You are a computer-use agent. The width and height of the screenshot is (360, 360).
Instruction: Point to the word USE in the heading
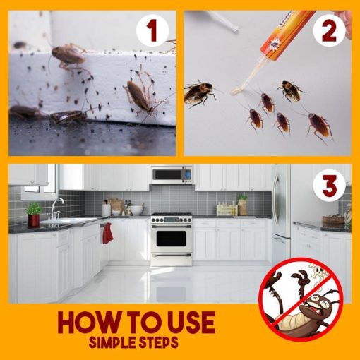[x=188, y=323]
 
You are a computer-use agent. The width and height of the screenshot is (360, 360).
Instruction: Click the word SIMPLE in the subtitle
[x=114, y=342]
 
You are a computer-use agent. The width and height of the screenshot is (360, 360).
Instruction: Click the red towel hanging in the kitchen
[x=107, y=233]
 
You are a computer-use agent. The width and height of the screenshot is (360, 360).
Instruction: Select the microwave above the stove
[x=172, y=174]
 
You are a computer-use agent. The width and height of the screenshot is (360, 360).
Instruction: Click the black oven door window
[x=171, y=239]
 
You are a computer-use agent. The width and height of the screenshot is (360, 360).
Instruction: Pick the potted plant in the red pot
[x=34, y=215]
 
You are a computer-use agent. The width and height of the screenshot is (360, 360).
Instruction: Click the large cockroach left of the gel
[x=200, y=93]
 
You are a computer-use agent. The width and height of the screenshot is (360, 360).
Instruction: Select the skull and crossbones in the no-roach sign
[x=318, y=272]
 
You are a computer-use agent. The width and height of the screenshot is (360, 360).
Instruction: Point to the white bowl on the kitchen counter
[x=136, y=210]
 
